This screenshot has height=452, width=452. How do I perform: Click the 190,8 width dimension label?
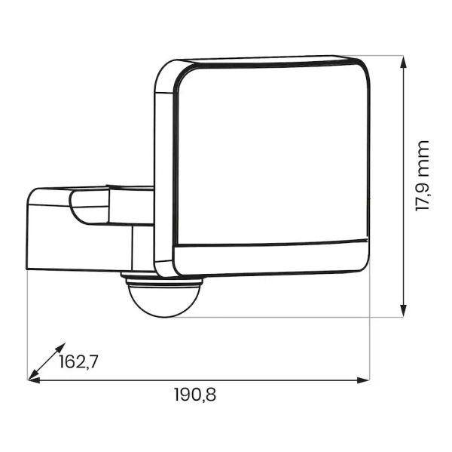195,395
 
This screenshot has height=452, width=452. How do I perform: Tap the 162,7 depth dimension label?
78,361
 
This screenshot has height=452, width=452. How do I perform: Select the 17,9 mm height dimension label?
423,176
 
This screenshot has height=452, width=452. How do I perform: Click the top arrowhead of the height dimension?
404,62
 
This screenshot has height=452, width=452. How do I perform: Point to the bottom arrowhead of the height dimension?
404,310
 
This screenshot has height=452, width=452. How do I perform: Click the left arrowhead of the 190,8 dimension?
34,380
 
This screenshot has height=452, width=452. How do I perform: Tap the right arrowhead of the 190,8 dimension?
363,380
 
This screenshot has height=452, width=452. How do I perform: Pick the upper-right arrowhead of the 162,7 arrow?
61,347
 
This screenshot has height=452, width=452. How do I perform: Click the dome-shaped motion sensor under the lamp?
163,301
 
